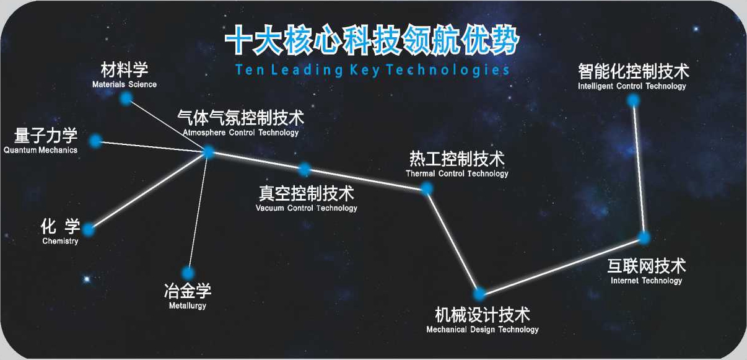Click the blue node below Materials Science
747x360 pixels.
(126, 99)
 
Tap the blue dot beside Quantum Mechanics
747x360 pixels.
(96, 141)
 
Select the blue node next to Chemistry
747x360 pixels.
(89, 229)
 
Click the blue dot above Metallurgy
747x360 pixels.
(188, 273)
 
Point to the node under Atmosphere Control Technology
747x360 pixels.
(208, 152)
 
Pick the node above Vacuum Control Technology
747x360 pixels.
(305, 170)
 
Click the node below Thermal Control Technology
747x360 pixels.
(427, 189)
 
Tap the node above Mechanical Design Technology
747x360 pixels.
(479, 294)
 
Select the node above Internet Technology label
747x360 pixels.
(644, 238)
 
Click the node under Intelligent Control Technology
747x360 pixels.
(633, 100)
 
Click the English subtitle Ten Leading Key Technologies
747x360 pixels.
(372, 70)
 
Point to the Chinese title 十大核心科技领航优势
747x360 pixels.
(372, 40)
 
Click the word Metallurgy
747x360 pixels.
(188, 305)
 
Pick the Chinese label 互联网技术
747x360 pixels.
(646, 266)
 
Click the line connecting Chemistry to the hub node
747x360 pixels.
(149, 191)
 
